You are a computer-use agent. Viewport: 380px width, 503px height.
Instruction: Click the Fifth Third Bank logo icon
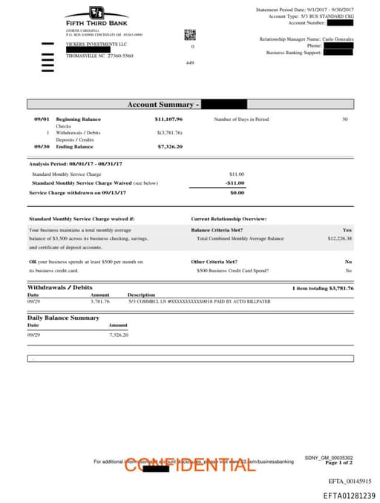click(x=96, y=13)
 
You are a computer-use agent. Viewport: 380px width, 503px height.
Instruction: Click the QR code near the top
click(x=190, y=34)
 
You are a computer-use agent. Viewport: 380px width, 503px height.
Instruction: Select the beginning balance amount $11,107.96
click(x=168, y=119)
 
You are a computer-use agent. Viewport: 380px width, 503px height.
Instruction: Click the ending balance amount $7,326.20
click(x=170, y=146)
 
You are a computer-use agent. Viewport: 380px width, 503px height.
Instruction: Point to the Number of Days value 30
click(x=344, y=119)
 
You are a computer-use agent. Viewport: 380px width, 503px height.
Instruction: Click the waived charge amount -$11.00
click(x=235, y=183)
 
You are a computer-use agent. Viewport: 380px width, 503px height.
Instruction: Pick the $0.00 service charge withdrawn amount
click(x=237, y=192)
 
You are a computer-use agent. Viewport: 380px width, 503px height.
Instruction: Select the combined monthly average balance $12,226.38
click(x=339, y=239)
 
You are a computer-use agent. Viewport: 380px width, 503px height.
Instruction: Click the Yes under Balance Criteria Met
click(x=347, y=230)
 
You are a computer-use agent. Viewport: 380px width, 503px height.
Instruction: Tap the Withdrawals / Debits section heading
click(x=60, y=287)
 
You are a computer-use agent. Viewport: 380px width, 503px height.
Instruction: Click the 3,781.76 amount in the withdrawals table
click(x=99, y=301)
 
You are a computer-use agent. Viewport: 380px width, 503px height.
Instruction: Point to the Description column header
click(x=141, y=295)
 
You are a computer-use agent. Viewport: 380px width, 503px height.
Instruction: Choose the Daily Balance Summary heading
click(x=63, y=318)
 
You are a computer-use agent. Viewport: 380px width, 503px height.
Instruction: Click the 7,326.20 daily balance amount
click(x=119, y=335)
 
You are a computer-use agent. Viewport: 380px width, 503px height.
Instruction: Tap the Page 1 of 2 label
click(x=339, y=462)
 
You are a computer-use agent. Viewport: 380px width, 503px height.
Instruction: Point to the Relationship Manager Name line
click(x=307, y=39)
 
